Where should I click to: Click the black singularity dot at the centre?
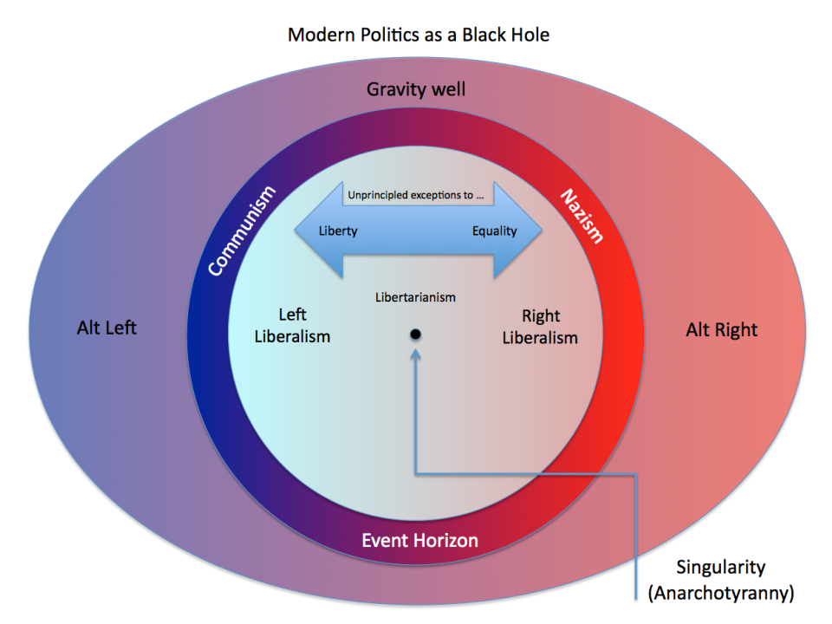tap(416, 335)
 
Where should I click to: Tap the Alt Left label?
tap(107, 328)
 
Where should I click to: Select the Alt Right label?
tap(722, 329)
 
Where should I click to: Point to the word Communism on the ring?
tap(242, 231)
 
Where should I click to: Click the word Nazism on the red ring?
tap(581, 215)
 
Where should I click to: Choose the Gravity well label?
tap(417, 89)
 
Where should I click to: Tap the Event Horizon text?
tap(419, 541)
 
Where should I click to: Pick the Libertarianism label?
tap(415, 297)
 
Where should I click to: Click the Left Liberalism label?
tap(292, 326)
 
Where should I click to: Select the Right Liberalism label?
tap(540, 327)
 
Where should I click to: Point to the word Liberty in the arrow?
tap(338, 231)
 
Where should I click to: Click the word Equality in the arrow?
tap(494, 231)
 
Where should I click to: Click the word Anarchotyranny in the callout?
tap(721, 594)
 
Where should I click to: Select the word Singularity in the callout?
tap(721, 568)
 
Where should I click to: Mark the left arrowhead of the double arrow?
tap(308, 231)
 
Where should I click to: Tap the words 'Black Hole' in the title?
tap(504, 36)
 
